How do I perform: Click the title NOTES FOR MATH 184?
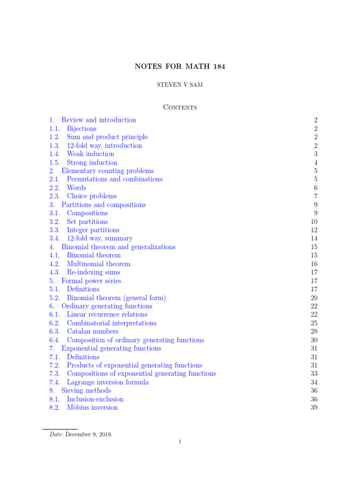[x=180, y=67]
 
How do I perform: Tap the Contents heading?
[x=180, y=107]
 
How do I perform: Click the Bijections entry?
[x=82, y=128]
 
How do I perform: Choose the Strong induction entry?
[x=92, y=163]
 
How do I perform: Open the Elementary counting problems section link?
[x=107, y=171]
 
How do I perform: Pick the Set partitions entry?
[x=87, y=222]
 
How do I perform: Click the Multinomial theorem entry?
[x=98, y=264]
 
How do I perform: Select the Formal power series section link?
[x=91, y=281]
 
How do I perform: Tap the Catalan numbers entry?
[x=92, y=331]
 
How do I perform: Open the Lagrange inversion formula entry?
[x=108, y=382]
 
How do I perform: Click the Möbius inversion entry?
[x=92, y=408]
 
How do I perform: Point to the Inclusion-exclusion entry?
[x=95, y=399]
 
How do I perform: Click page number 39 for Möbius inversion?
[x=314, y=408]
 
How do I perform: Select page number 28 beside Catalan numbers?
[x=314, y=331]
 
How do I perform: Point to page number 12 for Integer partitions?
[x=314, y=230]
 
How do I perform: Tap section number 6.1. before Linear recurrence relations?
[x=55, y=315]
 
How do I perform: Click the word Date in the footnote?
[x=56, y=434]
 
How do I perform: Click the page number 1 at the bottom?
[x=180, y=442]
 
